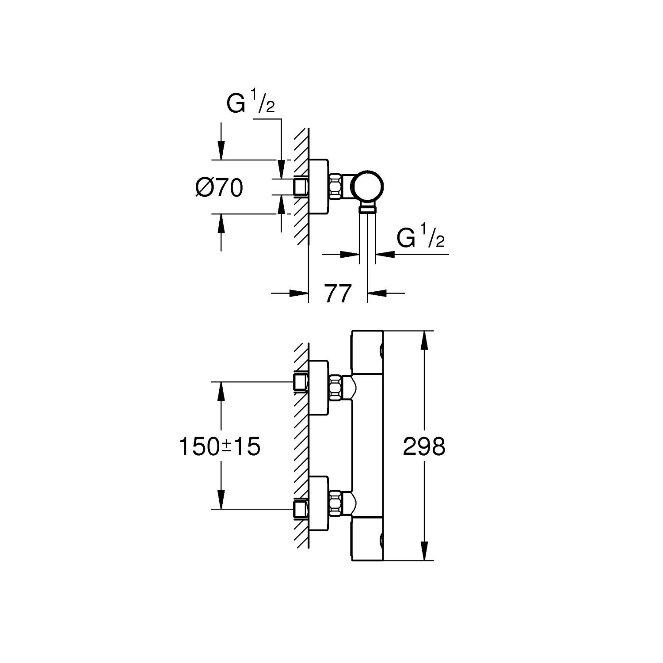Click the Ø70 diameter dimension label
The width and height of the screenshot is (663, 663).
click(219, 188)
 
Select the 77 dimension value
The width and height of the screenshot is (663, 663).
click(338, 294)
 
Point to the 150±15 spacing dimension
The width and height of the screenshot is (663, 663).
click(219, 446)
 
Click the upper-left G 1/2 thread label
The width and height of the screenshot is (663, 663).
click(250, 103)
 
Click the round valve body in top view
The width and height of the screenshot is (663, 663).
click(368, 186)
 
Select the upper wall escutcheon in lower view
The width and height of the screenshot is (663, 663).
click(318, 388)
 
